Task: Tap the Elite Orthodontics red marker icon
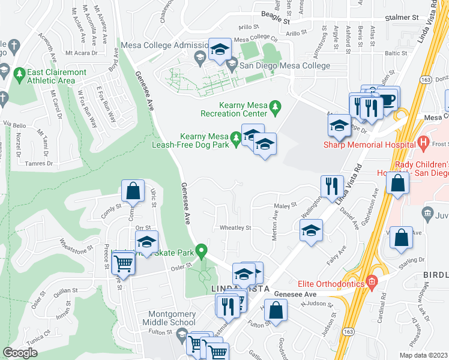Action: point(372,281)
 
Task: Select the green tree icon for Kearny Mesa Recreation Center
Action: point(276,107)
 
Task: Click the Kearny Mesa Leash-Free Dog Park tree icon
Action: point(237,139)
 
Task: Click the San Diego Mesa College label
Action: point(285,65)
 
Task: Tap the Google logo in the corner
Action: point(20,353)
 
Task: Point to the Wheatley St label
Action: point(235,228)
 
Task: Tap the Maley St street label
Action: point(286,206)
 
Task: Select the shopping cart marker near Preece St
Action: point(123,263)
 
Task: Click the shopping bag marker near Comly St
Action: point(133,191)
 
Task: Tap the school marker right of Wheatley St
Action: point(310,230)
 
